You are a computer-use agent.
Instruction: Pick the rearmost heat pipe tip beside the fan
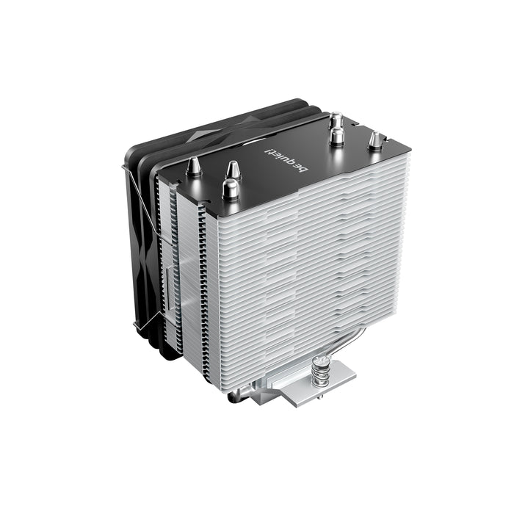(336, 119)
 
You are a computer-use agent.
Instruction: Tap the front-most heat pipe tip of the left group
(230, 189)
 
